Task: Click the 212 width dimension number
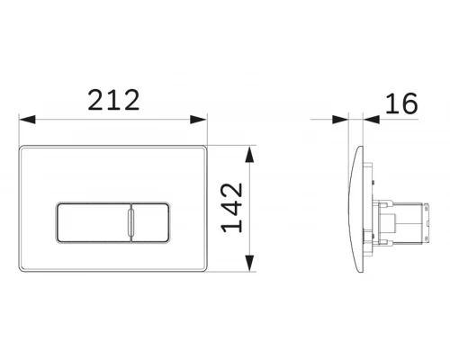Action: [x=113, y=100]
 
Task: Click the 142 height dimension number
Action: [x=231, y=208]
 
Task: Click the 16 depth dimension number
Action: [x=401, y=103]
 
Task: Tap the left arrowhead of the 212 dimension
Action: [x=27, y=119]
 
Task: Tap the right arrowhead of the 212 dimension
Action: [x=199, y=119]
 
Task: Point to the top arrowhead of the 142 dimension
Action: [x=249, y=154]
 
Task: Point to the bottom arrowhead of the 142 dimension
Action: [x=249, y=263]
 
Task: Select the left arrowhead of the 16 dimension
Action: [x=340, y=120]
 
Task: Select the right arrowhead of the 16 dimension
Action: [x=371, y=120]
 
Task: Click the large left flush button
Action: [x=94, y=222]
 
